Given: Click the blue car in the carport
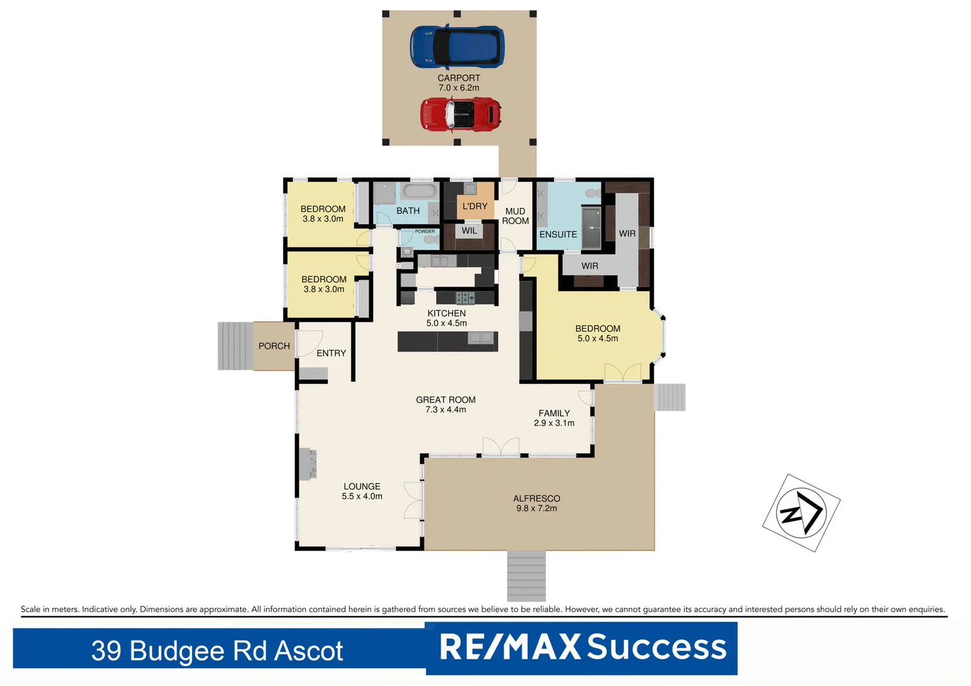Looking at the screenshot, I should coord(457,46).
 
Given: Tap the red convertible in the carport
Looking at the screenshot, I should coord(461,114).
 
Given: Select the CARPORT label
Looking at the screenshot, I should coord(459,78).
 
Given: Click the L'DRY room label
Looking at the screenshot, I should coord(475,206).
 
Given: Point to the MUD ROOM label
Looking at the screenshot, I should coord(515,216).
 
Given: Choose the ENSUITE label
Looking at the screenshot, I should coord(558,234).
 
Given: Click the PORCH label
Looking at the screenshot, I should coord(274,346).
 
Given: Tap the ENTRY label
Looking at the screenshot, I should coord(331,353).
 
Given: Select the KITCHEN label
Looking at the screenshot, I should coord(446,313).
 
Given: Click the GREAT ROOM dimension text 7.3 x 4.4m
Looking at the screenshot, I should coord(445,410).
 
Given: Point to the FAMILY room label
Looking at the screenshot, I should coord(554,413).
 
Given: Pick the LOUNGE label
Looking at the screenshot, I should coord(362,487).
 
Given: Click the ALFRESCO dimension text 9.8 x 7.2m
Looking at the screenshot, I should coord(536,508).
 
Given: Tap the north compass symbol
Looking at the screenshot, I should coord(801,513).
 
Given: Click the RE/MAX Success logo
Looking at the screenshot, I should coord(582,648).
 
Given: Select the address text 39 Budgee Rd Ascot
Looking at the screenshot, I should coord(217,650).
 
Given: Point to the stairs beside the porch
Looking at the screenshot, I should coord(235,346).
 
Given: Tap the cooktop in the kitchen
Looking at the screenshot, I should coord(465,297).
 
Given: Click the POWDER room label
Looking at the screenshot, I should coord(424,231).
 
